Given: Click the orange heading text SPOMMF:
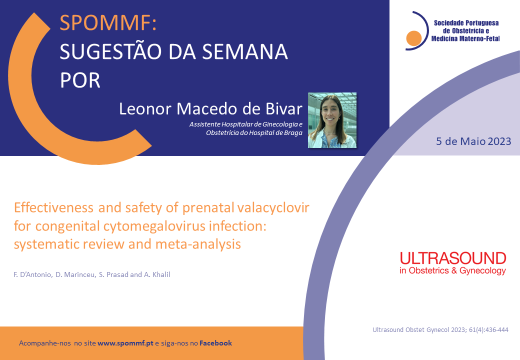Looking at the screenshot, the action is tap(108, 23).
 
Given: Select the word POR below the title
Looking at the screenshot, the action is tap(80, 80).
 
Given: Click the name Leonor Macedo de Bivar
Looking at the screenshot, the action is tap(210, 108).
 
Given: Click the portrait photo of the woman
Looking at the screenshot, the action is tap(332, 120).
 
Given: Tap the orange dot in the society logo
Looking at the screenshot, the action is tap(413, 38).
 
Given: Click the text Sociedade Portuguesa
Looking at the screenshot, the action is tap(466, 23).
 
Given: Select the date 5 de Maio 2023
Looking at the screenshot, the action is tap(473, 141).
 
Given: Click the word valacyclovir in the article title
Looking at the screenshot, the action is tap(273, 208).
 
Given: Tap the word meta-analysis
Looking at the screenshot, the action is tap(198, 244).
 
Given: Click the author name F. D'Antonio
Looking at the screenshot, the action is tap(32, 274).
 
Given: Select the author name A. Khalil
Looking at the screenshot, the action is tap(157, 274).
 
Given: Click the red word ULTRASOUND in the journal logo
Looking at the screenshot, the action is tap(453, 258).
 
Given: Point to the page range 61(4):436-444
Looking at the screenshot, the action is tap(488, 330).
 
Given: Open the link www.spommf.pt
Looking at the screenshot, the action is tap(125, 343).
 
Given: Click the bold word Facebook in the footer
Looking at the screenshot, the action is tap(215, 343).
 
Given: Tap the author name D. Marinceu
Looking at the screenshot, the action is tap(75, 274).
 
